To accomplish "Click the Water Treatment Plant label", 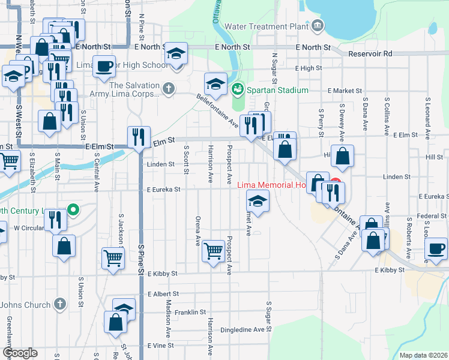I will tap(267, 26).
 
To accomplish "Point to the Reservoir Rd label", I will tap(372, 53).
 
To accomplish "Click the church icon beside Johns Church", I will tap(59, 304).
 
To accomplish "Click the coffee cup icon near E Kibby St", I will tap(436, 247).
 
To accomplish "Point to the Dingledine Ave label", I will tap(243, 329).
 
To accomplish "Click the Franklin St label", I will tap(191, 313).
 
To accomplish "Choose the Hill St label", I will tap(434, 157).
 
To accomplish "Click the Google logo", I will tap(20, 353).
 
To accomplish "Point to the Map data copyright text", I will tap(423, 355).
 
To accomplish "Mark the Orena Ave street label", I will tap(197, 231).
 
